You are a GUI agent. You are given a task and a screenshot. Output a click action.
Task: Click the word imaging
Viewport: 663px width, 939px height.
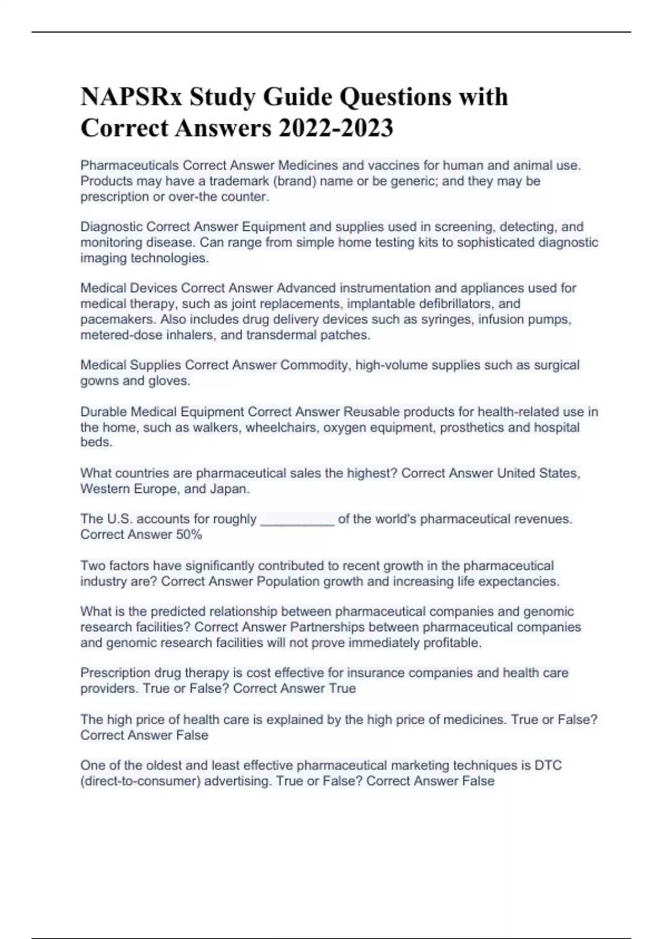103,258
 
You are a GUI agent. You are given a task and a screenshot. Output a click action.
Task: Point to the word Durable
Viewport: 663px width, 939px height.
103,412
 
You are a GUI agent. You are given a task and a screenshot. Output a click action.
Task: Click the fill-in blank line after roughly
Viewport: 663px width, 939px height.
297,520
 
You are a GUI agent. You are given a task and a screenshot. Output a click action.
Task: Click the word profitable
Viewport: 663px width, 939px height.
452,643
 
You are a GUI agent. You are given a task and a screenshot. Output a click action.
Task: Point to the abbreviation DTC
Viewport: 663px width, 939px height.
548,766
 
